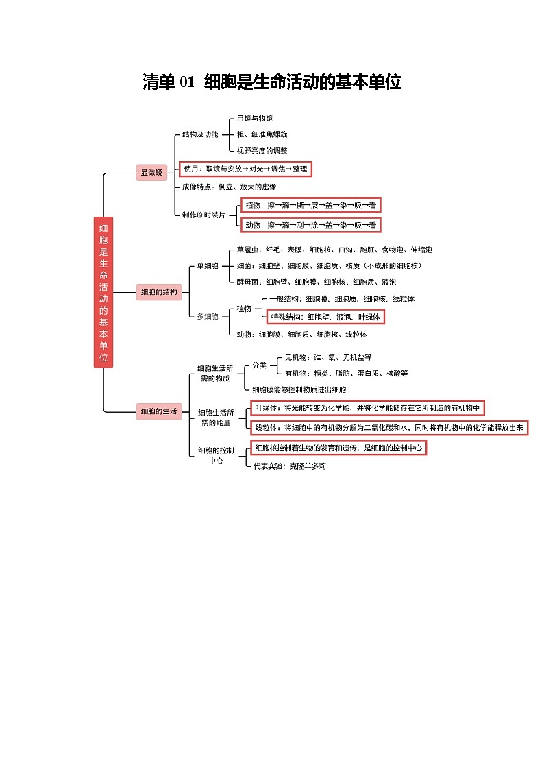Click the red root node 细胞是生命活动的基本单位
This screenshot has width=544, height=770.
click(x=103, y=292)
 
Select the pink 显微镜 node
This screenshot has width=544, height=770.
click(x=151, y=172)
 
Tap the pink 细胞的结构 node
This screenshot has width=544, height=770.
click(x=159, y=291)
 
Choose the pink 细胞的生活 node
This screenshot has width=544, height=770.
click(x=159, y=411)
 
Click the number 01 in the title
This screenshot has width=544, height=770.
click(x=187, y=82)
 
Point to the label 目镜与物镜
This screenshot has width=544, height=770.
click(x=255, y=119)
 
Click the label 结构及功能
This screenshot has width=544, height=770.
click(x=200, y=134)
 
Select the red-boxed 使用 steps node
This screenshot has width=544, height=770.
click(x=245, y=169)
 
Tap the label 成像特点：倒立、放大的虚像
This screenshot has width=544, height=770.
click(x=229, y=187)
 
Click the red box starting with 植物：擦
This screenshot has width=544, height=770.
click(x=311, y=205)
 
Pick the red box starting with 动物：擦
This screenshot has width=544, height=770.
click(x=311, y=226)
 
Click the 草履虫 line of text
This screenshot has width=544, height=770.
click(x=334, y=250)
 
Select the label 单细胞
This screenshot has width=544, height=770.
click(x=208, y=265)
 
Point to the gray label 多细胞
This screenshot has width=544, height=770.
click(x=208, y=316)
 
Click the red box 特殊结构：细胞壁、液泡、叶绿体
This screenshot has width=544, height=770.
click(x=325, y=317)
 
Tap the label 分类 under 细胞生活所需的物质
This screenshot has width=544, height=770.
click(x=260, y=365)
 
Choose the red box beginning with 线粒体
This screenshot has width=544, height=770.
click(x=389, y=428)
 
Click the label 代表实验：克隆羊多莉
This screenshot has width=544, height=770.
click(x=289, y=466)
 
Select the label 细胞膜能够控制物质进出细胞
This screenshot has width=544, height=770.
click(x=299, y=389)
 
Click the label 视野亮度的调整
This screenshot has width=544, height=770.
click(x=262, y=150)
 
